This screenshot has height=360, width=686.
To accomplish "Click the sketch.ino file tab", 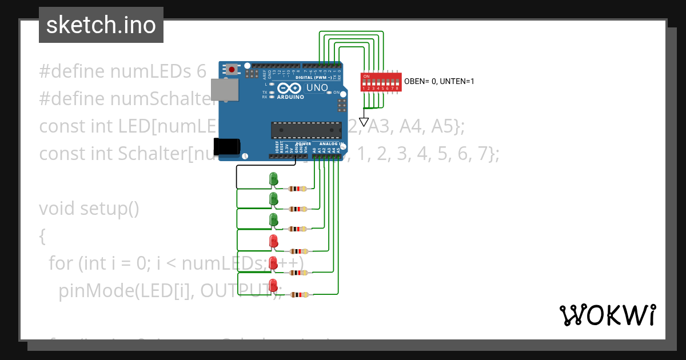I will pyautogui.click(x=101, y=25).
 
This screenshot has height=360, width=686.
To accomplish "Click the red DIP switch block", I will pyautogui.click(x=380, y=81).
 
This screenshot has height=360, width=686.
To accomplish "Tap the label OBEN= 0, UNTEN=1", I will pyautogui.click(x=439, y=81).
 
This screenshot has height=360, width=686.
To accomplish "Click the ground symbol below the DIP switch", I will pyautogui.click(x=364, y=121).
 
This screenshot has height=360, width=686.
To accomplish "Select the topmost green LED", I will pyautogui.click(x=273, y=178).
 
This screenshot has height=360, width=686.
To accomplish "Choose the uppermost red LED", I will pyautogui.click(x=273, y=241).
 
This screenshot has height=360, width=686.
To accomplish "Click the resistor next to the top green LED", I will pyautogui.click(x=298, y=189).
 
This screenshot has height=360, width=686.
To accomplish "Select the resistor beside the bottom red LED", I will pyautogui.click(x=298, y=295).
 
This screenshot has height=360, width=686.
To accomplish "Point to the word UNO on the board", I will pyautogui.click(x=317, y=88).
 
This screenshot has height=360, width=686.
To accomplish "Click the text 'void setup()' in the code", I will pyautogui.click(x=89, y=209).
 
